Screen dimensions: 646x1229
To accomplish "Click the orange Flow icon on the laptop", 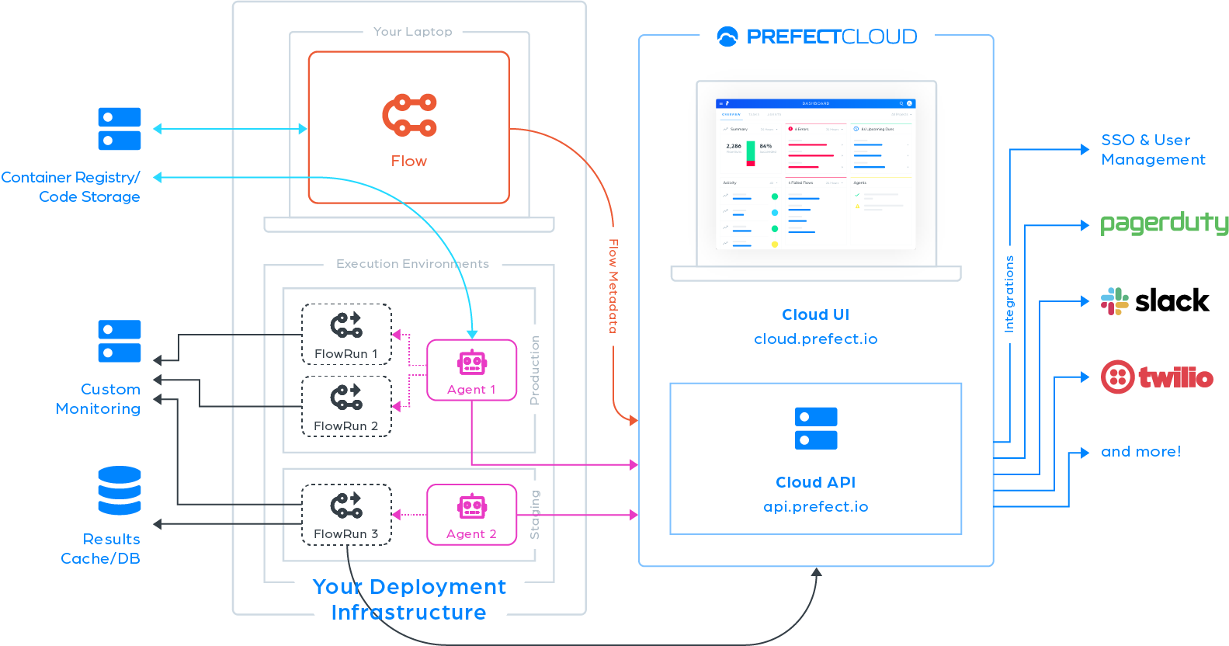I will click(409, 115).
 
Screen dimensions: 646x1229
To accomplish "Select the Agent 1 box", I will click(472, 370).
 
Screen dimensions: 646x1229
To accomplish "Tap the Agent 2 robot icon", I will click(472, 507).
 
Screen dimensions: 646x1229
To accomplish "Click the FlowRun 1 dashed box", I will click(346, 334).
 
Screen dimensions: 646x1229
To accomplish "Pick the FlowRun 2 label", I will click(346, 426).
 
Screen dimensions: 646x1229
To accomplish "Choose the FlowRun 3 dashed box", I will click(346, 514).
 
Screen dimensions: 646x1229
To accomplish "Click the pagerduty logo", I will click(1164, 224).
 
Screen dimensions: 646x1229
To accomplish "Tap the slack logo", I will click(1155, 300).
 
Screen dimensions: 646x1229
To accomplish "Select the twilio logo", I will click(1157, 377).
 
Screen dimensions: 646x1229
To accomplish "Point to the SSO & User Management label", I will click(1153, 150).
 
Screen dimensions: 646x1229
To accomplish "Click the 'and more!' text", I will click(1140, 452).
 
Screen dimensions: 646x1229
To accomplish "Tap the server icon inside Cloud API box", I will click(816, 428).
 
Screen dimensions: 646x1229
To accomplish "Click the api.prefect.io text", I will click(816, 507).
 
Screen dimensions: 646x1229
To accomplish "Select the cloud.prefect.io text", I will click(816, 339).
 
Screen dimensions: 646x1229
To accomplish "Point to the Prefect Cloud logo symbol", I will click(727, 36).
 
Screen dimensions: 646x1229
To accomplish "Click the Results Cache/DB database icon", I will click(120, 491).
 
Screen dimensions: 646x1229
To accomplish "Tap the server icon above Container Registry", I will click(120, 129).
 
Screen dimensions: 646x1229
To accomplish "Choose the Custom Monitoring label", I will click(99, 399).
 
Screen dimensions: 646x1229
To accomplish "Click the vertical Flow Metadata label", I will click(613, 286).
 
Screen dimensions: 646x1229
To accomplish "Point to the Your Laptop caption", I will click(412, 32).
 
